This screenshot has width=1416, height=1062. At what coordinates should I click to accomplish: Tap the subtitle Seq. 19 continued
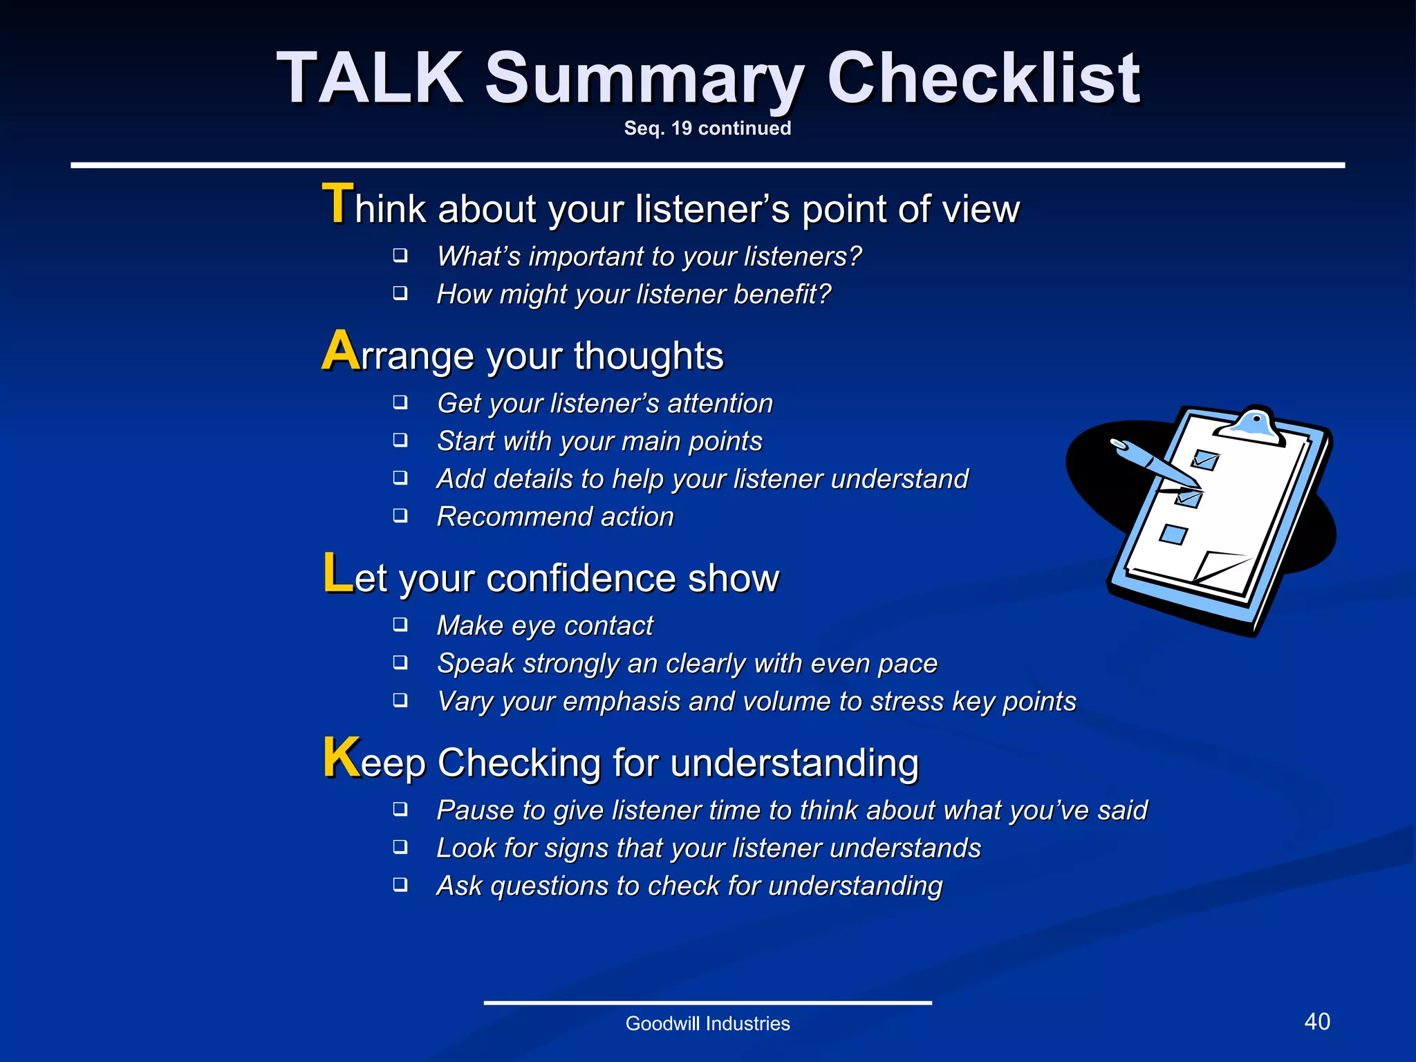point(707,129)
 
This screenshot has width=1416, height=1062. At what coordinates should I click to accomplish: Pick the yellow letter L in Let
point(338,573)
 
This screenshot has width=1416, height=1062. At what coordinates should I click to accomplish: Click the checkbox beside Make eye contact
point(400,625)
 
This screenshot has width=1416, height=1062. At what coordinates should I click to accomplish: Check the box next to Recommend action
point(400,516)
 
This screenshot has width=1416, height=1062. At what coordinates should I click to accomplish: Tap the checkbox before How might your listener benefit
point(400,293)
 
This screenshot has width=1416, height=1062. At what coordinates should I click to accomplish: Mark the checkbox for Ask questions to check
point(400,885)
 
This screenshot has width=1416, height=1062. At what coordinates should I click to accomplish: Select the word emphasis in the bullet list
point(622,702)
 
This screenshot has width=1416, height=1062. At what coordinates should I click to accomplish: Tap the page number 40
point(1316,1021)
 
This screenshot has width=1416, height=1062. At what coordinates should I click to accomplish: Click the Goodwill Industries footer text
point(707,1023)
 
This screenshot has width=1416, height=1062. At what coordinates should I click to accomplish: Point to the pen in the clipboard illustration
point(1155,463)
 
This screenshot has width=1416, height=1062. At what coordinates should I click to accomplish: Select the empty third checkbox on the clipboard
point(1173,534)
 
